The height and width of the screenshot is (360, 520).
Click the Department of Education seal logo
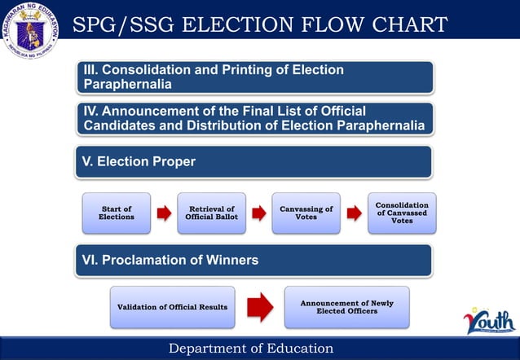(x=33, y=33)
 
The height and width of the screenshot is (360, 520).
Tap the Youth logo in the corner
(x=488, y=319)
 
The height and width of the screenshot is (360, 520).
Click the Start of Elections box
(x=117, y=213)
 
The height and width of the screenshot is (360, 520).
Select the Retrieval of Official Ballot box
(x=210, y=213)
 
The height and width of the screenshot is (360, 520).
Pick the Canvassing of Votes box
(x=306, y=213)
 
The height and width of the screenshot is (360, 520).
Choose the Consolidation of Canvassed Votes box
(x=402, y=213)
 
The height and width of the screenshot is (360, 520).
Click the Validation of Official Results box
(x=172, y=306)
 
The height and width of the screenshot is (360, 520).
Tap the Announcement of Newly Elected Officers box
(x=346, y=306)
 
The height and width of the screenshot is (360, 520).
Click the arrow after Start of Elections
(x=164, y=213)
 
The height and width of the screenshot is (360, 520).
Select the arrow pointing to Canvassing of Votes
(x=258, y=213)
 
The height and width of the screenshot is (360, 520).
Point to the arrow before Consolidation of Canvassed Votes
(x=354, y=213)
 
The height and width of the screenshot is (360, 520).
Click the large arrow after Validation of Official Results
(x=259, y=306)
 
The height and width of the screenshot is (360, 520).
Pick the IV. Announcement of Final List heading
(x=253, y=118)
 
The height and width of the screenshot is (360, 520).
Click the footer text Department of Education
(x=251, y=349)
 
